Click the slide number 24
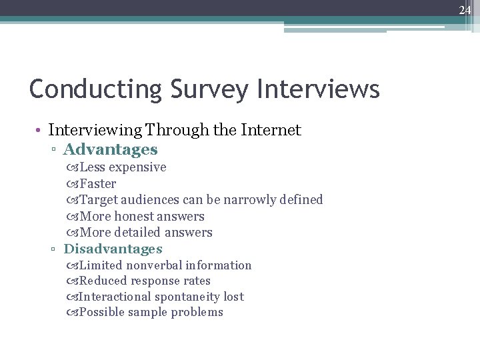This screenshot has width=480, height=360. [465, 10]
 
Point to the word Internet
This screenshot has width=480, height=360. [267, 130]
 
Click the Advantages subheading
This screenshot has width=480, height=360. [110, 149]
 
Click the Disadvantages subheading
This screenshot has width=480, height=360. [113, 249]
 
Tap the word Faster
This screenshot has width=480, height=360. [97, 183]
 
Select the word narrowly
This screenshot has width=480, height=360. [249, 199]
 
